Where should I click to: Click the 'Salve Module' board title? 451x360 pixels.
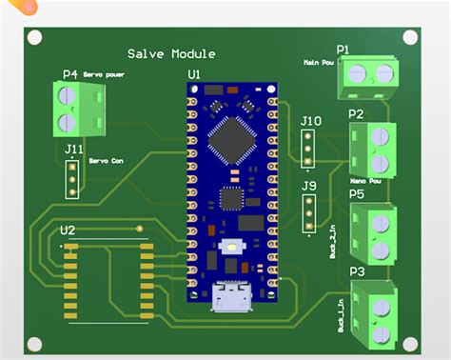pos(171,54)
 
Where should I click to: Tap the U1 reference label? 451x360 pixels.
pos(194,73)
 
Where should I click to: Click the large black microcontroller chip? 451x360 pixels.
pos(231,140)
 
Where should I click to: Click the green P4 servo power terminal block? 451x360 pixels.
pos(69,108)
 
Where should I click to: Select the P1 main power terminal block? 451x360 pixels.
pos(368,77)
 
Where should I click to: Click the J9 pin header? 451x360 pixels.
pos(308,213)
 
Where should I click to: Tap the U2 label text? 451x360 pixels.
pos(69,230)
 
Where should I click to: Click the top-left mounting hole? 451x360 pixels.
pos(34,38)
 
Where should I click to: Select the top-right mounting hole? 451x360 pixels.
pos(410,37)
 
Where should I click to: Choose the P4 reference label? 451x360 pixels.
pos(70,74)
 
